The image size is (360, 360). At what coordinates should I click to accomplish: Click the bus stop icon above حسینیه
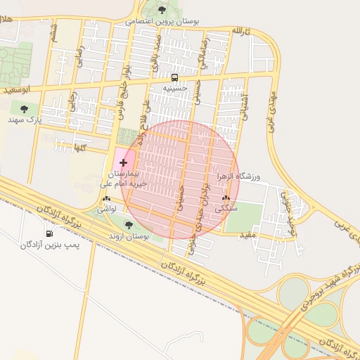coord(174,77)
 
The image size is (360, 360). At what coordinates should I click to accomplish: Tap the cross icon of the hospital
coord(124,162)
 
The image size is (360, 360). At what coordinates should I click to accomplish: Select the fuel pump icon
coord(49,233)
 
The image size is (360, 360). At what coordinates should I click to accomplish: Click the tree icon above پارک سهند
coord(25,109)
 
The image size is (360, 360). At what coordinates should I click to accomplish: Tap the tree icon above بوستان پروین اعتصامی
coord(162,10)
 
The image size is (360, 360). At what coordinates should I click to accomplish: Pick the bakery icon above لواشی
coord(105,199)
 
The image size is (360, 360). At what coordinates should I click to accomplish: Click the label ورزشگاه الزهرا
coord(238,176)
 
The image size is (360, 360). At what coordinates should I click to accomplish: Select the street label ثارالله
coord(240,32)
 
